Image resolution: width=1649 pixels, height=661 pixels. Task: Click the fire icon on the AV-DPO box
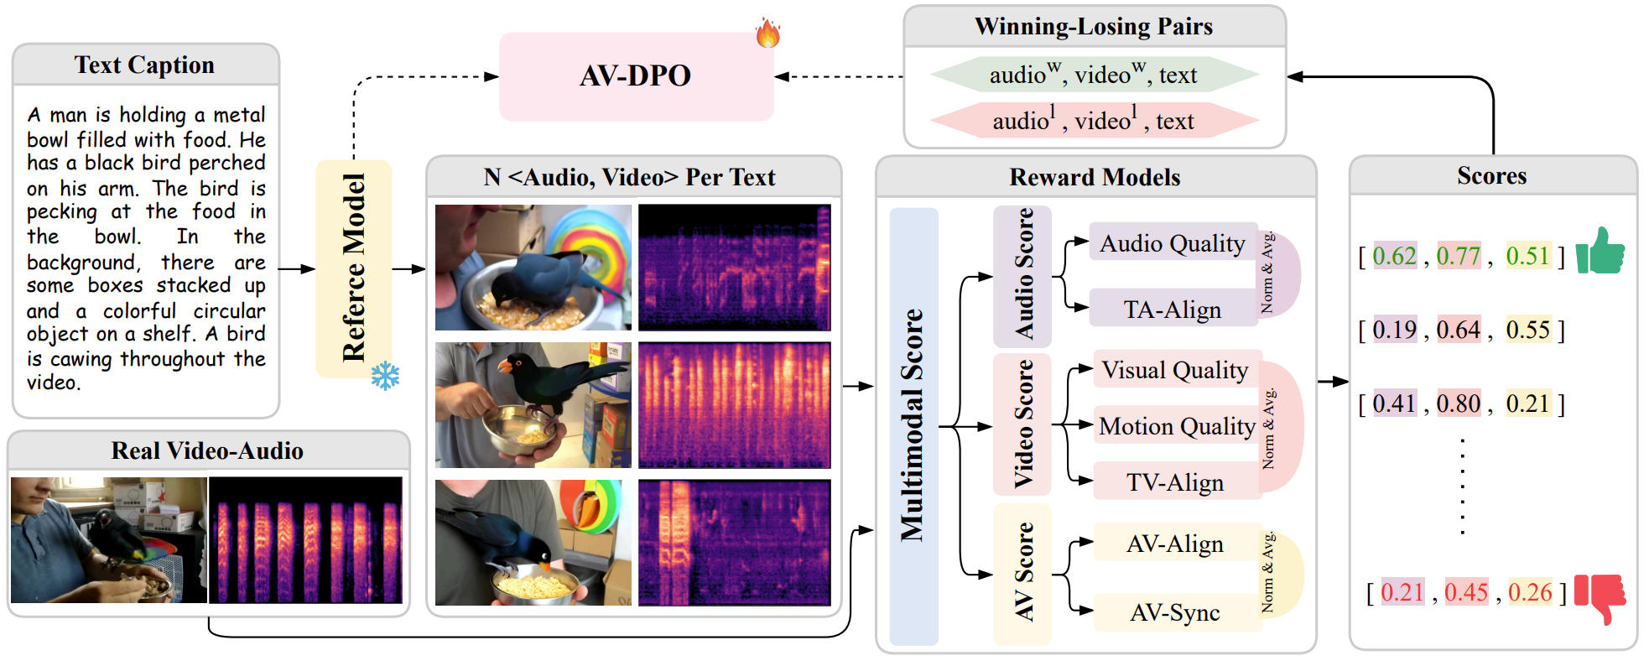click(x=767, y=33)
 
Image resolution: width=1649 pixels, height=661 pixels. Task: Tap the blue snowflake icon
click(x=385, y=376)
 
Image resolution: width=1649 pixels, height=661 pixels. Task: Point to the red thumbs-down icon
click(x=1600, y=597)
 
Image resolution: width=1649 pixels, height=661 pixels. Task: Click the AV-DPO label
click(x=635, y=76)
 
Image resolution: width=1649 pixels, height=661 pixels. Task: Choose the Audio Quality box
click(x=1172, y=243)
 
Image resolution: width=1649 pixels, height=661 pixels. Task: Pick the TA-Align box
click(x=1172, y=310)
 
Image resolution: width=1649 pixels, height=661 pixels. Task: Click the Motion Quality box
click(x=1176, y=426)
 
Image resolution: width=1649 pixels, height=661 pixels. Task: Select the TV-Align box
click(x=1174, y=482)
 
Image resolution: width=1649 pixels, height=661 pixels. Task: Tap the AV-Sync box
click(x=1174, y=612)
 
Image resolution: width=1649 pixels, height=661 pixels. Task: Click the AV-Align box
click(x=1174, y=544)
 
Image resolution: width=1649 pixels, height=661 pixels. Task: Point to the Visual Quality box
click(x=1174, y=370)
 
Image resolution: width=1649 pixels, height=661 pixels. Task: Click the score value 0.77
click(x=1458, y=256)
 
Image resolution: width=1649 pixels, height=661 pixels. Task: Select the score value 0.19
click(x=1394, y=330)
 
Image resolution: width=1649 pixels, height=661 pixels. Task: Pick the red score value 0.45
click(x=1465, y=592)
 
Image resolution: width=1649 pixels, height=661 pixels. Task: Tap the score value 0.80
click(x=1458, y=403)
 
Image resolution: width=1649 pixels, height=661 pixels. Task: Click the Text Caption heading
click(x=144, y=65)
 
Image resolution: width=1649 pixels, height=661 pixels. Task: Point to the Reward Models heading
click(x=1095, y=177)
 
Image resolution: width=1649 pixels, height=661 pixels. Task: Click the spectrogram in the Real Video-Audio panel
click(x=306, y=540)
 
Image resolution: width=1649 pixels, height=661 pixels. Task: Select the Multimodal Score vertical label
click(x=913, y=424)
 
